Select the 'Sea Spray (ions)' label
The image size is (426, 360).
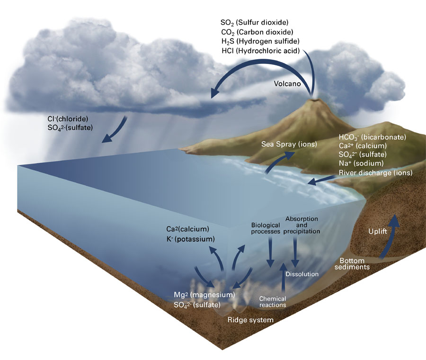[x=289, y=144]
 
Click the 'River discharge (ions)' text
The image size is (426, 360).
[x=375, y=172]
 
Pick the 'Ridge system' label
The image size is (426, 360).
[x=250, y=320]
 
